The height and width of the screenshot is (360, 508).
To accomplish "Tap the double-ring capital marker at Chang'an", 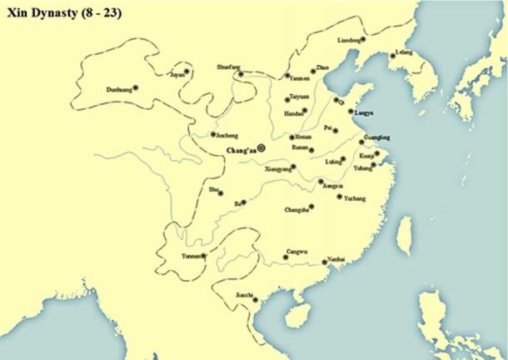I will click(x=261, y=147).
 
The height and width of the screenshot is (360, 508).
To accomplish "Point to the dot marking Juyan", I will click(x=187, y=72).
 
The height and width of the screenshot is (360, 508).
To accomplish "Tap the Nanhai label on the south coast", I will click(x=336, y=258).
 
